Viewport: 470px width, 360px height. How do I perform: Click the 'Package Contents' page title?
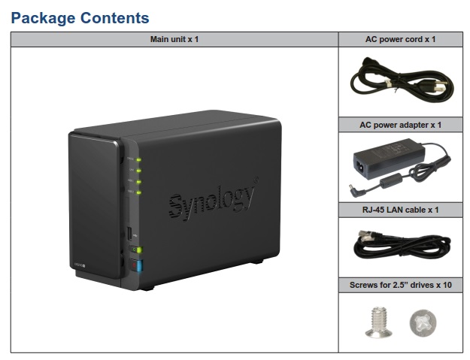(x=80, y=17)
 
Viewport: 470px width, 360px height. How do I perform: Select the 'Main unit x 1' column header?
(x=174, y=39)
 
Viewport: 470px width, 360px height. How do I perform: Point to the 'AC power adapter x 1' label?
(x=401, y=125)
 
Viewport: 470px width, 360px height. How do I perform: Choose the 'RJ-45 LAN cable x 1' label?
(x=400, y=210)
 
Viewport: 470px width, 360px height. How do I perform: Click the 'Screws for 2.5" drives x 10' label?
(x=401, y=285)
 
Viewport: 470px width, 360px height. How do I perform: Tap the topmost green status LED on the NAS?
(x=139, y=159)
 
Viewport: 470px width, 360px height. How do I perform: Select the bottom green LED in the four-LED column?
(x=139, y=193)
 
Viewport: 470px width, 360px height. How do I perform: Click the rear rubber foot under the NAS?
(x=257, y=262)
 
